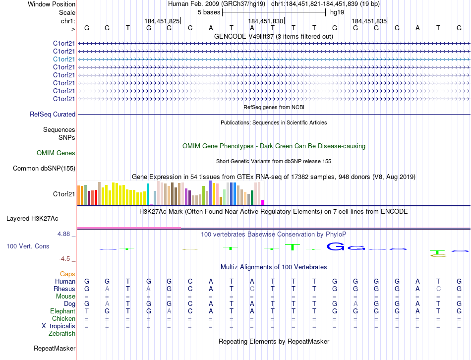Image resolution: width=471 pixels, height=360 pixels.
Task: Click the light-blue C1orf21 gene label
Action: click(x=64, y=59)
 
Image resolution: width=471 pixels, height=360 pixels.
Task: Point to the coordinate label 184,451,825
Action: click(x=162, y=21)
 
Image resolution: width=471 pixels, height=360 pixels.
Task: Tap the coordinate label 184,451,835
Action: click(x=369, y=21)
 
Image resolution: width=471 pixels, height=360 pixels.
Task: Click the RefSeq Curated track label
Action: click(x=53, y=114)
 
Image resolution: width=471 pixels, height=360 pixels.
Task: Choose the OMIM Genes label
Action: click(x=56, y=153)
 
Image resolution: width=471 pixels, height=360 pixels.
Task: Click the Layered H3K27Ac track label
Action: click(x=32, y=218)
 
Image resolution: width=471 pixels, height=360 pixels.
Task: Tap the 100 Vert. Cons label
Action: click(x=28, y=246)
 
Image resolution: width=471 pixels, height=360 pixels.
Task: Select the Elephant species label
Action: click(x=63, y=311)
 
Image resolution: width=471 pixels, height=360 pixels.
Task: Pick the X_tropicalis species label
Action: click(x=59, y=326)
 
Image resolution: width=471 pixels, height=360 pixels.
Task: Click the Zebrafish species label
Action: click(x=62, y=333)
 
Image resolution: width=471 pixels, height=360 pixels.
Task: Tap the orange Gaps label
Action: click(x=67, y=274)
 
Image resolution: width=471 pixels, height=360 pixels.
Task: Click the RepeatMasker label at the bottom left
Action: click(x=55, y=349)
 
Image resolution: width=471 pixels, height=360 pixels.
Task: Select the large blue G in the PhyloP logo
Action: click(x=337, y=246)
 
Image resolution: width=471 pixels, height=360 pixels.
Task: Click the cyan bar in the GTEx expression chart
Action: click(x=148, y=194)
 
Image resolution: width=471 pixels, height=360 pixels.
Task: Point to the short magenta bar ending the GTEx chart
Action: click(x=263, y=202)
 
